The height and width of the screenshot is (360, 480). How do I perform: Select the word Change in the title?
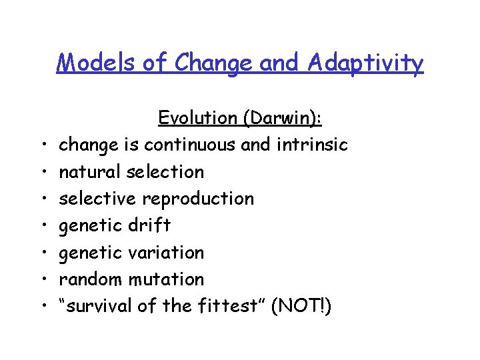tap(211, 63)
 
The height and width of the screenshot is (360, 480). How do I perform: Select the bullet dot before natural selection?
tap(42, 173)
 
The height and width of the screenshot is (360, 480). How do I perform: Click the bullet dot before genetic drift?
tap(42, 226)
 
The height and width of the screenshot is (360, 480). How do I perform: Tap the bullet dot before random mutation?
tap(42, 280)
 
